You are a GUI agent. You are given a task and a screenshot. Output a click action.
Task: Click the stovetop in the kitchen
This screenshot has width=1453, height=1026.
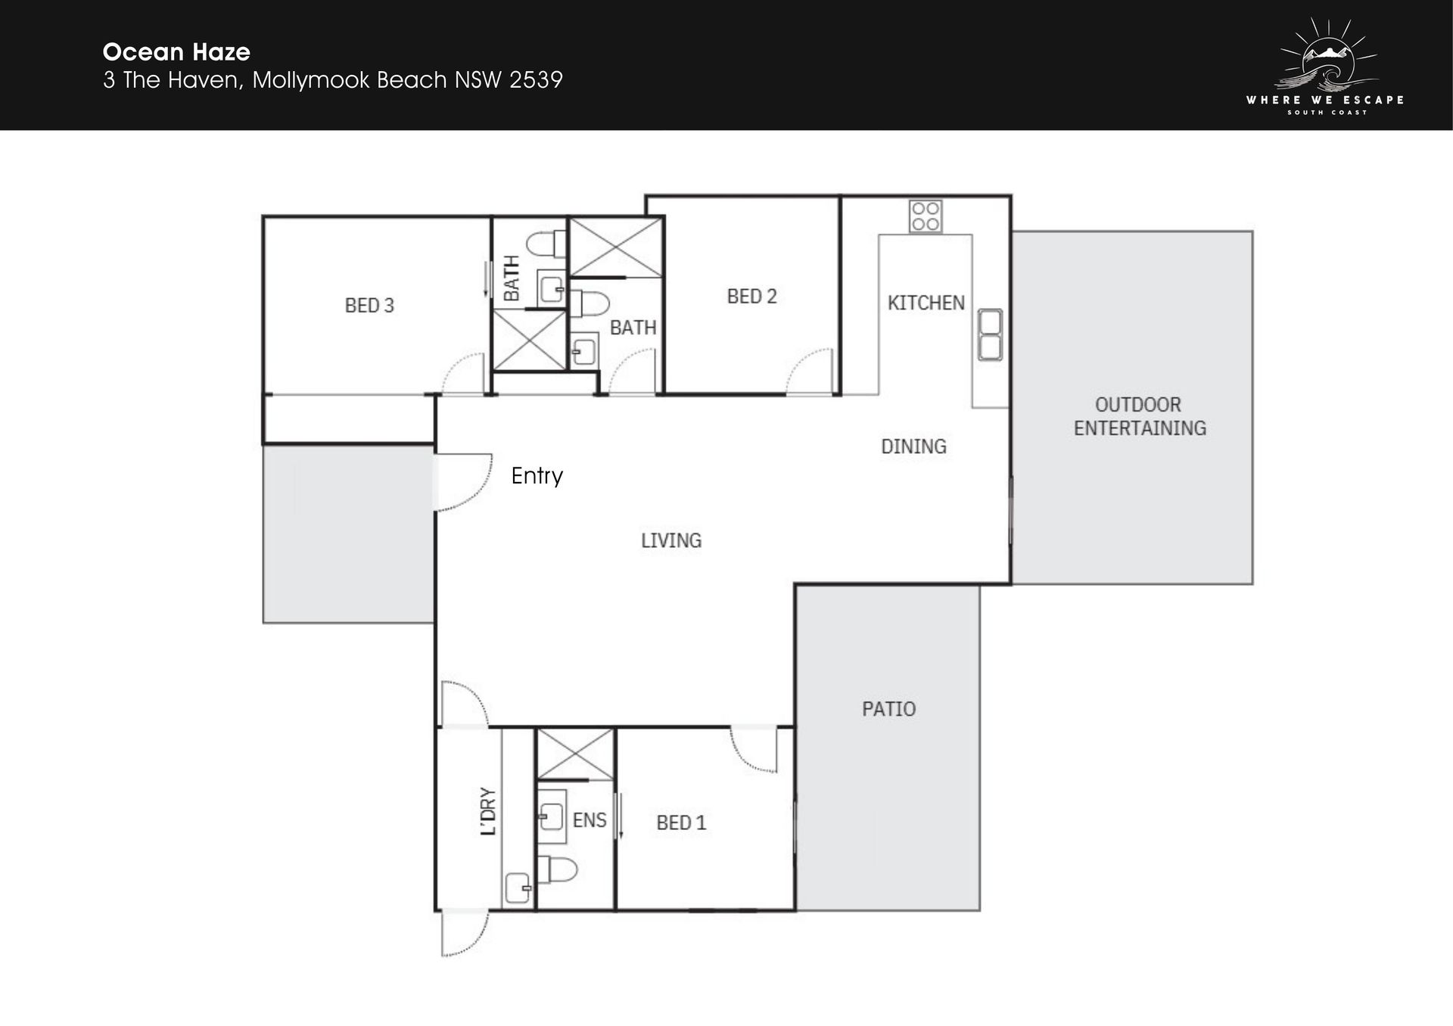926,216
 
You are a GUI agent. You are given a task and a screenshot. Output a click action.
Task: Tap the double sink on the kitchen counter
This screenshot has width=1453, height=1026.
990,334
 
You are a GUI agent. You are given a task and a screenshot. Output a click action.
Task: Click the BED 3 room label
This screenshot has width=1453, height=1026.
369,306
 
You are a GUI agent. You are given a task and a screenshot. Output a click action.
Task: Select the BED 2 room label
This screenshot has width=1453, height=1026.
751,297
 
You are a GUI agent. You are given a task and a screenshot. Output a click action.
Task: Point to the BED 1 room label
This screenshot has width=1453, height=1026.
681,822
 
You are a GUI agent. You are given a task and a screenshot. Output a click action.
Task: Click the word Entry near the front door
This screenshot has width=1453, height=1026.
537,476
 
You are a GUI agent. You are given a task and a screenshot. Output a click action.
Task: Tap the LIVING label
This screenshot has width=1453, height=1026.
671,540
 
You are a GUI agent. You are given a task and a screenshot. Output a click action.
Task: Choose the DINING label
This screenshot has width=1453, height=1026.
913,446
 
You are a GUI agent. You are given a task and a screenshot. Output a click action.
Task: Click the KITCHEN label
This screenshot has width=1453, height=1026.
926,303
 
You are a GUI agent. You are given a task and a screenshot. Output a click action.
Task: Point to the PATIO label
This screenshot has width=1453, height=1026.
888,709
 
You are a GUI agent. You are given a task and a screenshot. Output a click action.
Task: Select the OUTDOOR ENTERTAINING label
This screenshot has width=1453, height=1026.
1140,416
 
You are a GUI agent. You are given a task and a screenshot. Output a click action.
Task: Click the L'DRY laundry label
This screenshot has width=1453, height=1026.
488,811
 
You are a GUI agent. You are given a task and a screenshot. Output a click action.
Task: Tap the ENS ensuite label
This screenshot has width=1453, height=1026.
590,820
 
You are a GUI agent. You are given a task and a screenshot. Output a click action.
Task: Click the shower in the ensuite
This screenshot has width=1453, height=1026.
575,754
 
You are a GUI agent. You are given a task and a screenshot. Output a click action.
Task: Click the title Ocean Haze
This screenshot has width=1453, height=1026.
176,52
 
